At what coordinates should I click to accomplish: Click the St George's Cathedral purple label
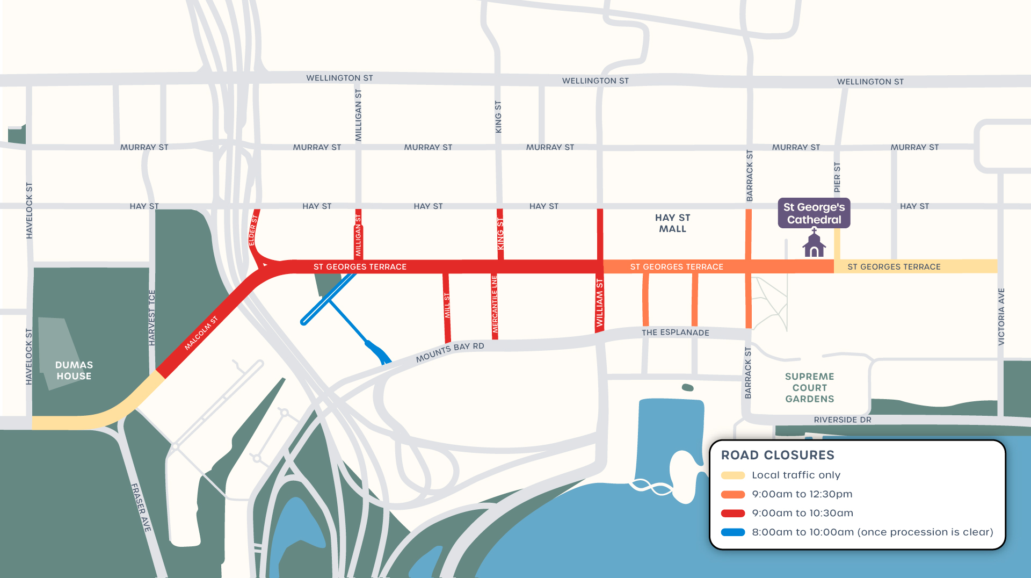tap(814, 213)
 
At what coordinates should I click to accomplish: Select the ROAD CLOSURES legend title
tap(777, 455)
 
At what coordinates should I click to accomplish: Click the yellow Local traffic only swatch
tap(733, 475)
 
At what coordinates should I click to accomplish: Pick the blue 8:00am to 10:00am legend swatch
tap(733, 532)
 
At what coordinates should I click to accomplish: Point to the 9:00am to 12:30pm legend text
tap(802, 494)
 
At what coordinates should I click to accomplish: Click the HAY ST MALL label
tap(672, 223)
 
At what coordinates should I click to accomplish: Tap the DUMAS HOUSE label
tap(74, 371)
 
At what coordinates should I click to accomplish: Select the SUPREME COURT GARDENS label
tap(809, 388)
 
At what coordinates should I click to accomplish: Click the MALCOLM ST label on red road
tap(201, 334)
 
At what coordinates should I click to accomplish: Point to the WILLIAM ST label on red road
tap(600, 302)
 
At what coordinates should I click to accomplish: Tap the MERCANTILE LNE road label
tap(495, 304)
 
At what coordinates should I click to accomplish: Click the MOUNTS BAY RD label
tap(450, 352)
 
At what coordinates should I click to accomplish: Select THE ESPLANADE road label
tap(675, 333)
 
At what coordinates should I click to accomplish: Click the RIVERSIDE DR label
tap(842, 420)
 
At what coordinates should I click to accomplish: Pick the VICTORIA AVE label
tap(1001, 317)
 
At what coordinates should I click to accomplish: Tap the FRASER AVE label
tap(141, 508)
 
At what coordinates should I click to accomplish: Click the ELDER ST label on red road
tap(253, 230)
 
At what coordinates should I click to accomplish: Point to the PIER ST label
tap(837, 177)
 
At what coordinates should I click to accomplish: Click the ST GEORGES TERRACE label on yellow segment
tap(894, 266)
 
